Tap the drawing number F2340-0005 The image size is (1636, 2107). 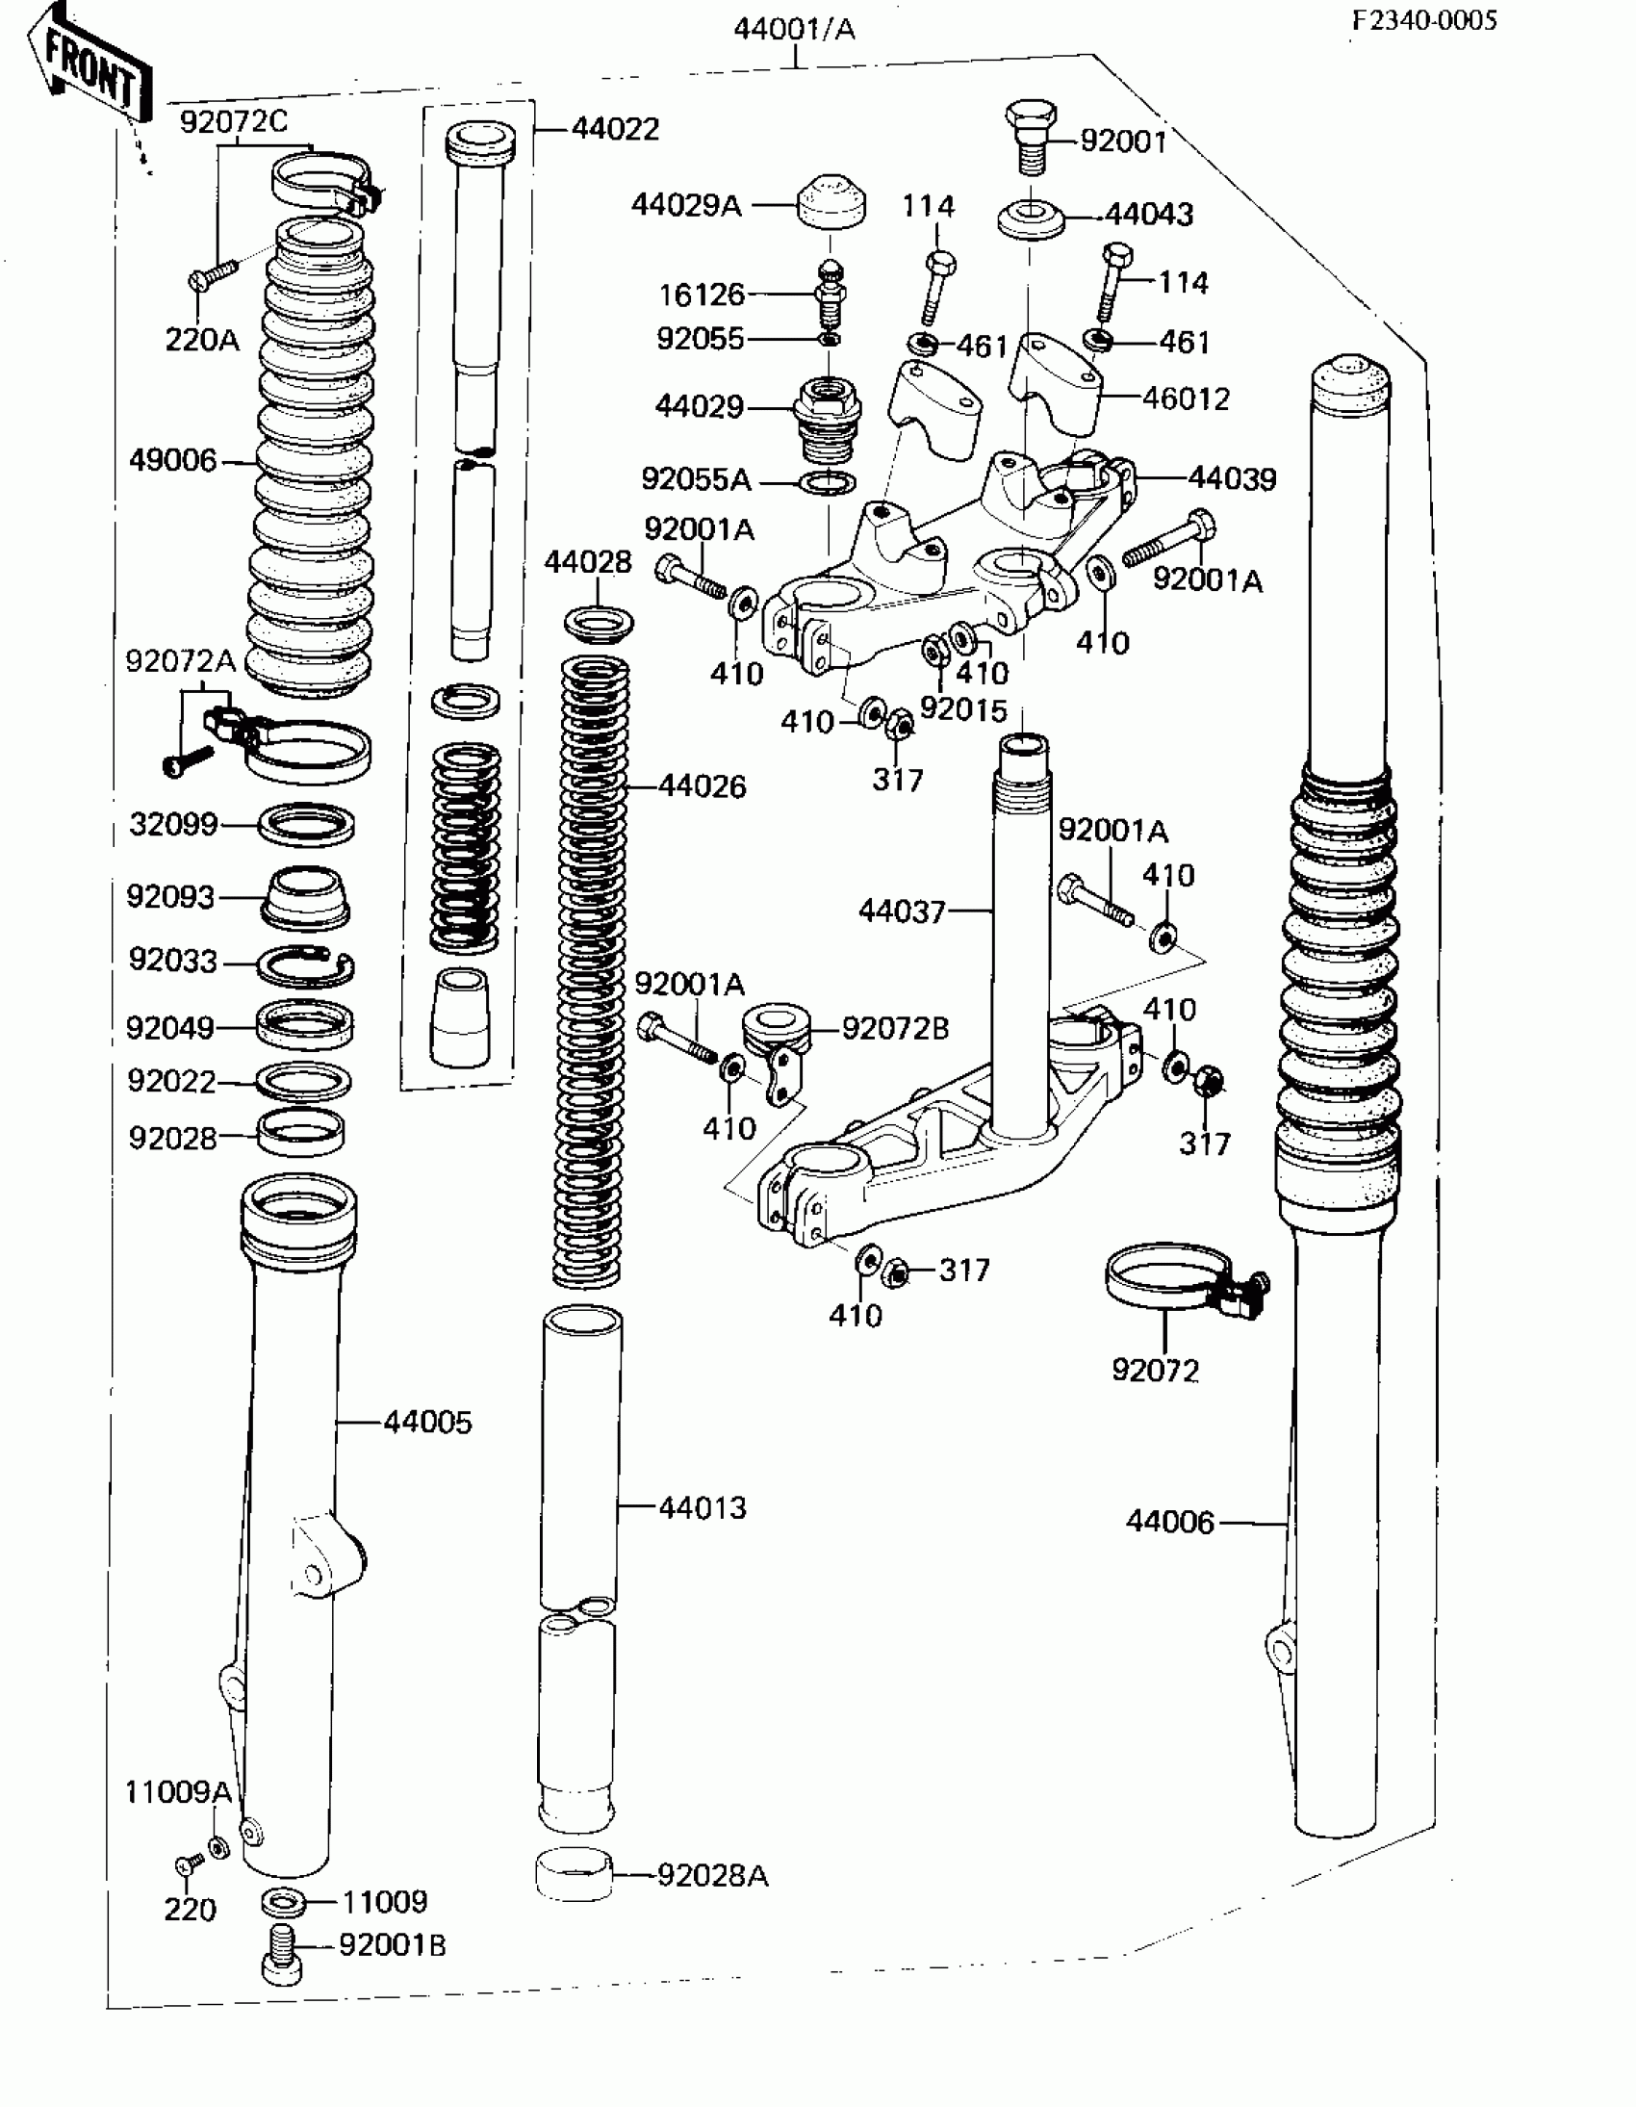pyautogui.click(x=1423, y=20)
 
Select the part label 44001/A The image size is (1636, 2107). pyautogui.click(x=794, y=29)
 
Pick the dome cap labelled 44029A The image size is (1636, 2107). pyautogui.click(x=831, y=202)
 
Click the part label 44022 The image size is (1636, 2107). pyautogui.click(x=616, y=128)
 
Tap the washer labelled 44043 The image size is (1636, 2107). pyautogui.click(x=1032, y=219)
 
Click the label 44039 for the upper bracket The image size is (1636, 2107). pyautogui.click(x=1232, y=477)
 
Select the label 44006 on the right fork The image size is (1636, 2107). pyautogui.click(x=1169, y=1522)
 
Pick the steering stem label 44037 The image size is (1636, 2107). pyautogui.click(x=902, y=910)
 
